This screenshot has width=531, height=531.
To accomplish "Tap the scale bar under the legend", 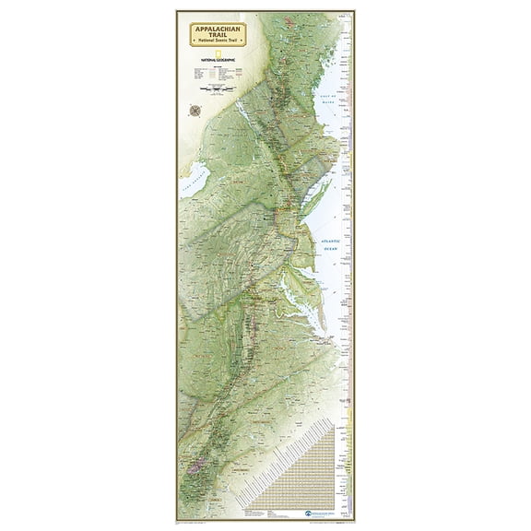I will pyautogui.click(x=219, y=91).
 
